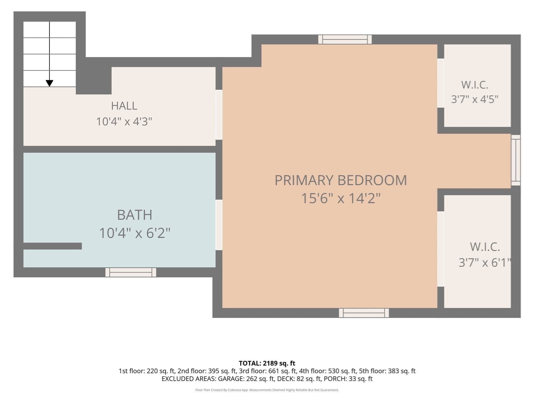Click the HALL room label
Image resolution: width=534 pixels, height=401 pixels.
(x=124, y=106)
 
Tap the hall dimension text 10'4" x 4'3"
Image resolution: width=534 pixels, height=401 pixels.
(x=124, y=121)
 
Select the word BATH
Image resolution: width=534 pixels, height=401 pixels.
(x=135, y=215)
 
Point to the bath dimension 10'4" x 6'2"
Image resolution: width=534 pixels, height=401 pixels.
(x=135, y=233)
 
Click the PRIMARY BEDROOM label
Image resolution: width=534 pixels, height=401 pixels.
(x=341, y=180)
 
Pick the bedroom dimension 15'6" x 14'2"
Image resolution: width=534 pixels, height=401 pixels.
(x=341, y=198)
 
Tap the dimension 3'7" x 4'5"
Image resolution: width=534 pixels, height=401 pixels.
(x=475, y=99)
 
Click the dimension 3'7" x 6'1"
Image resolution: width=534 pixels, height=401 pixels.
(x=484, y=262)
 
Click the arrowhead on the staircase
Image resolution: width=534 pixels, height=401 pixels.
(x=50, y=83)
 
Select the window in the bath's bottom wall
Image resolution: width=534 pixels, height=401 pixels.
(x=131, y=272)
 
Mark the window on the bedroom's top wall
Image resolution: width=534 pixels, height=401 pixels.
(x=345, y=39)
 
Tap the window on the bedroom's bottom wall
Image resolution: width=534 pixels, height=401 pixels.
(x=364, y=313)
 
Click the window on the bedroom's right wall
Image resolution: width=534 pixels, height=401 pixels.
(x=516, y=160)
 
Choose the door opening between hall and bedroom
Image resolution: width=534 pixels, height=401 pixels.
(x=219, y=115)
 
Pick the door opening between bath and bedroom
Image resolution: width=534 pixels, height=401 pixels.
(x=219, y=225)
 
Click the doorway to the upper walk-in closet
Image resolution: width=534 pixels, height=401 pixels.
(x=441, y=83)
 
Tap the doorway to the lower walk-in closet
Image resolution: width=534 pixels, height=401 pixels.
(x=441, y=249)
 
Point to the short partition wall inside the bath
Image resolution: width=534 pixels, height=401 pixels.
(x=53, y=246)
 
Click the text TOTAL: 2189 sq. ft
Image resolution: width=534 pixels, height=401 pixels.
(x=267, y=363)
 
